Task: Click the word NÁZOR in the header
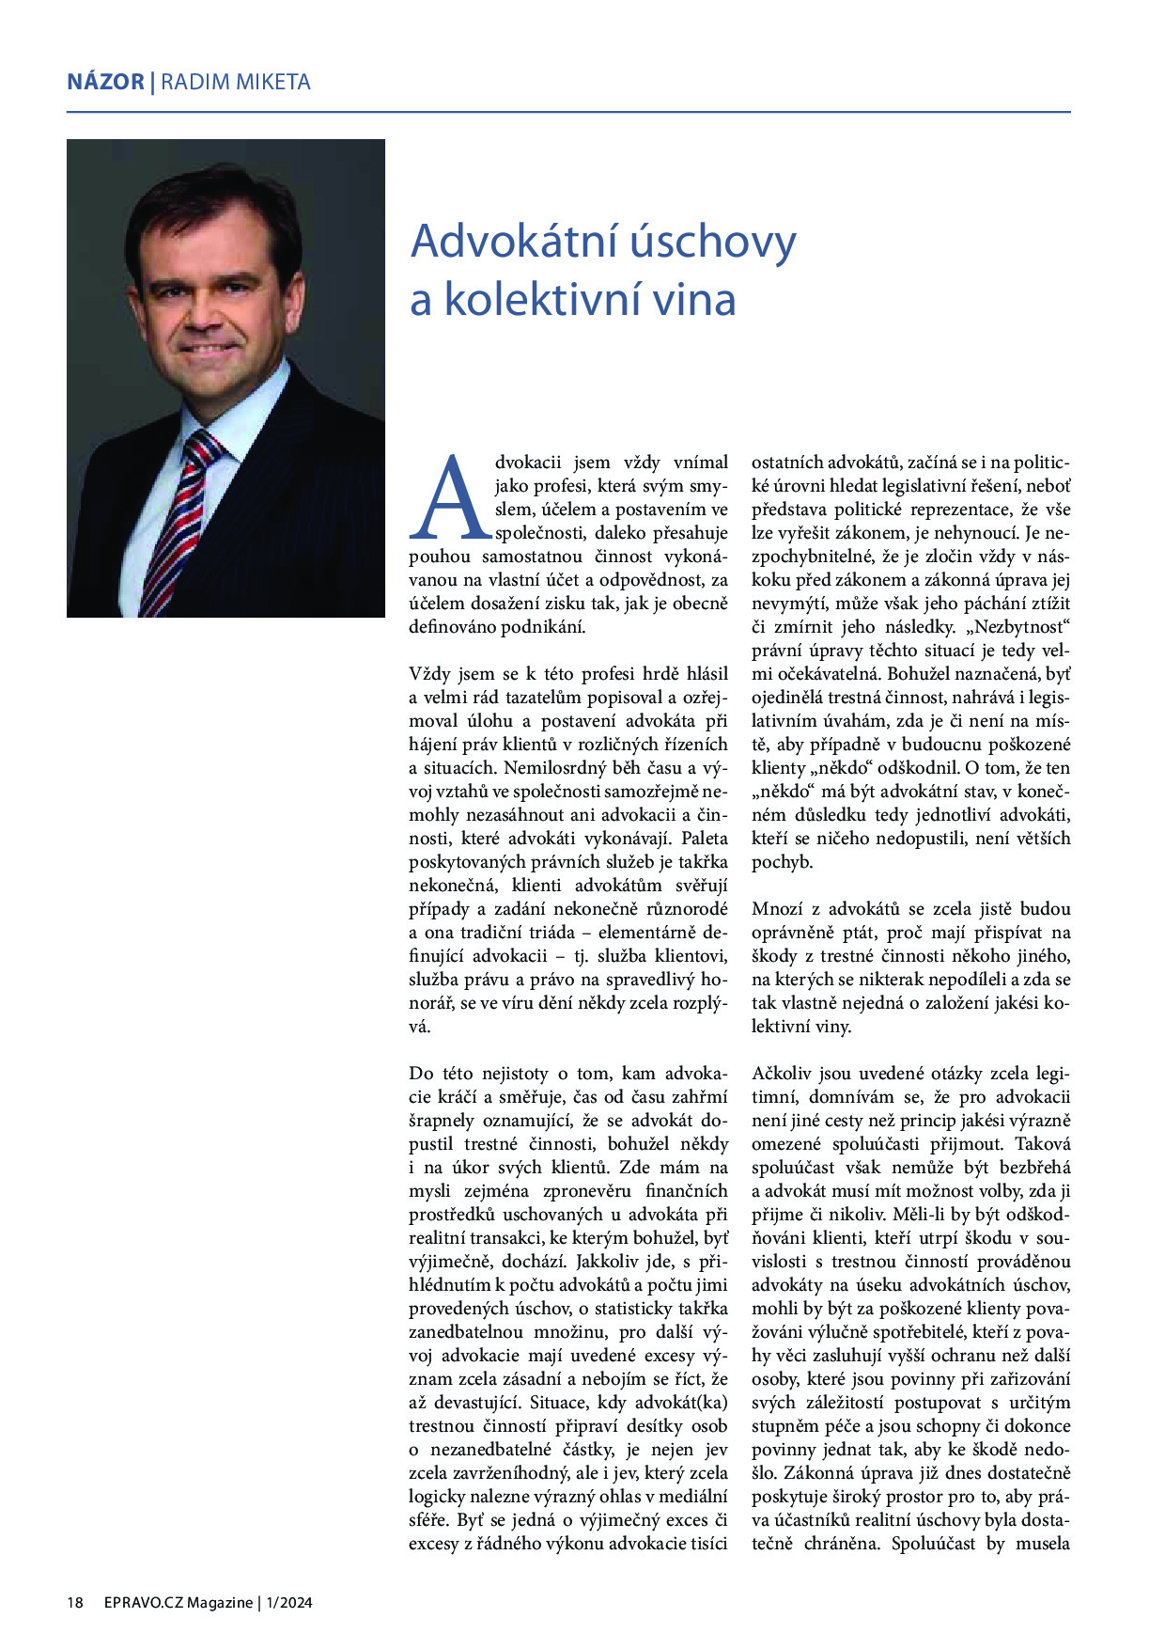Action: tap(105, 82)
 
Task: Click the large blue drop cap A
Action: tap(453, 497)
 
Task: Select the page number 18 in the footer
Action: tap(75, 1602)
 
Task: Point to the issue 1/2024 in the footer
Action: tap(288, 1602)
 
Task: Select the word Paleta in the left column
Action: tap(705, 839)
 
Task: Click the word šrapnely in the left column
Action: tap(442, 1121)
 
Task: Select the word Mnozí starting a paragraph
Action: tap(778, 909)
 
